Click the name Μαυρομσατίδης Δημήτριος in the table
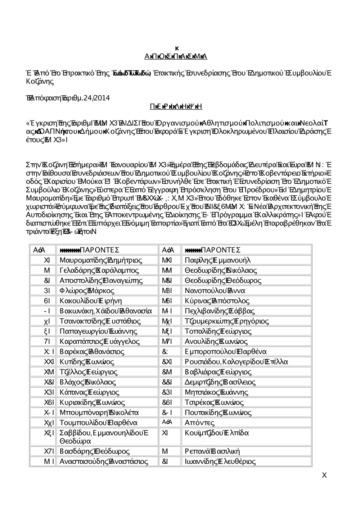click(x=100, y=260)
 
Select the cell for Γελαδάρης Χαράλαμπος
click(x=99, y=270)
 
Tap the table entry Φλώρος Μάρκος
click(x=87, y=291)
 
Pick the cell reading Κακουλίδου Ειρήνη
click(x=91, y=301)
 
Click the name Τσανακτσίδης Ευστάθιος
click(x=100, y=321)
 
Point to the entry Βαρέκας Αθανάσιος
click(x=92, y=351)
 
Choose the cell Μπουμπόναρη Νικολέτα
click(x=99, y=412)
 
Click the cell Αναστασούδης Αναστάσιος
click(x=104, y=461)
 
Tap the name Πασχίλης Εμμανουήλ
click(x=217, y=260)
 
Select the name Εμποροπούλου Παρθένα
click(x=225, y=351)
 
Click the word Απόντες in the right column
click(x=199, y=423)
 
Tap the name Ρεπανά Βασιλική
click(x=212, y=451)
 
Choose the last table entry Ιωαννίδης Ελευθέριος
click(x=220, y=461)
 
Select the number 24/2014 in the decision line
click(x=96, y=98)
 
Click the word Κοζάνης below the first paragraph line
click(x=40, y=81)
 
